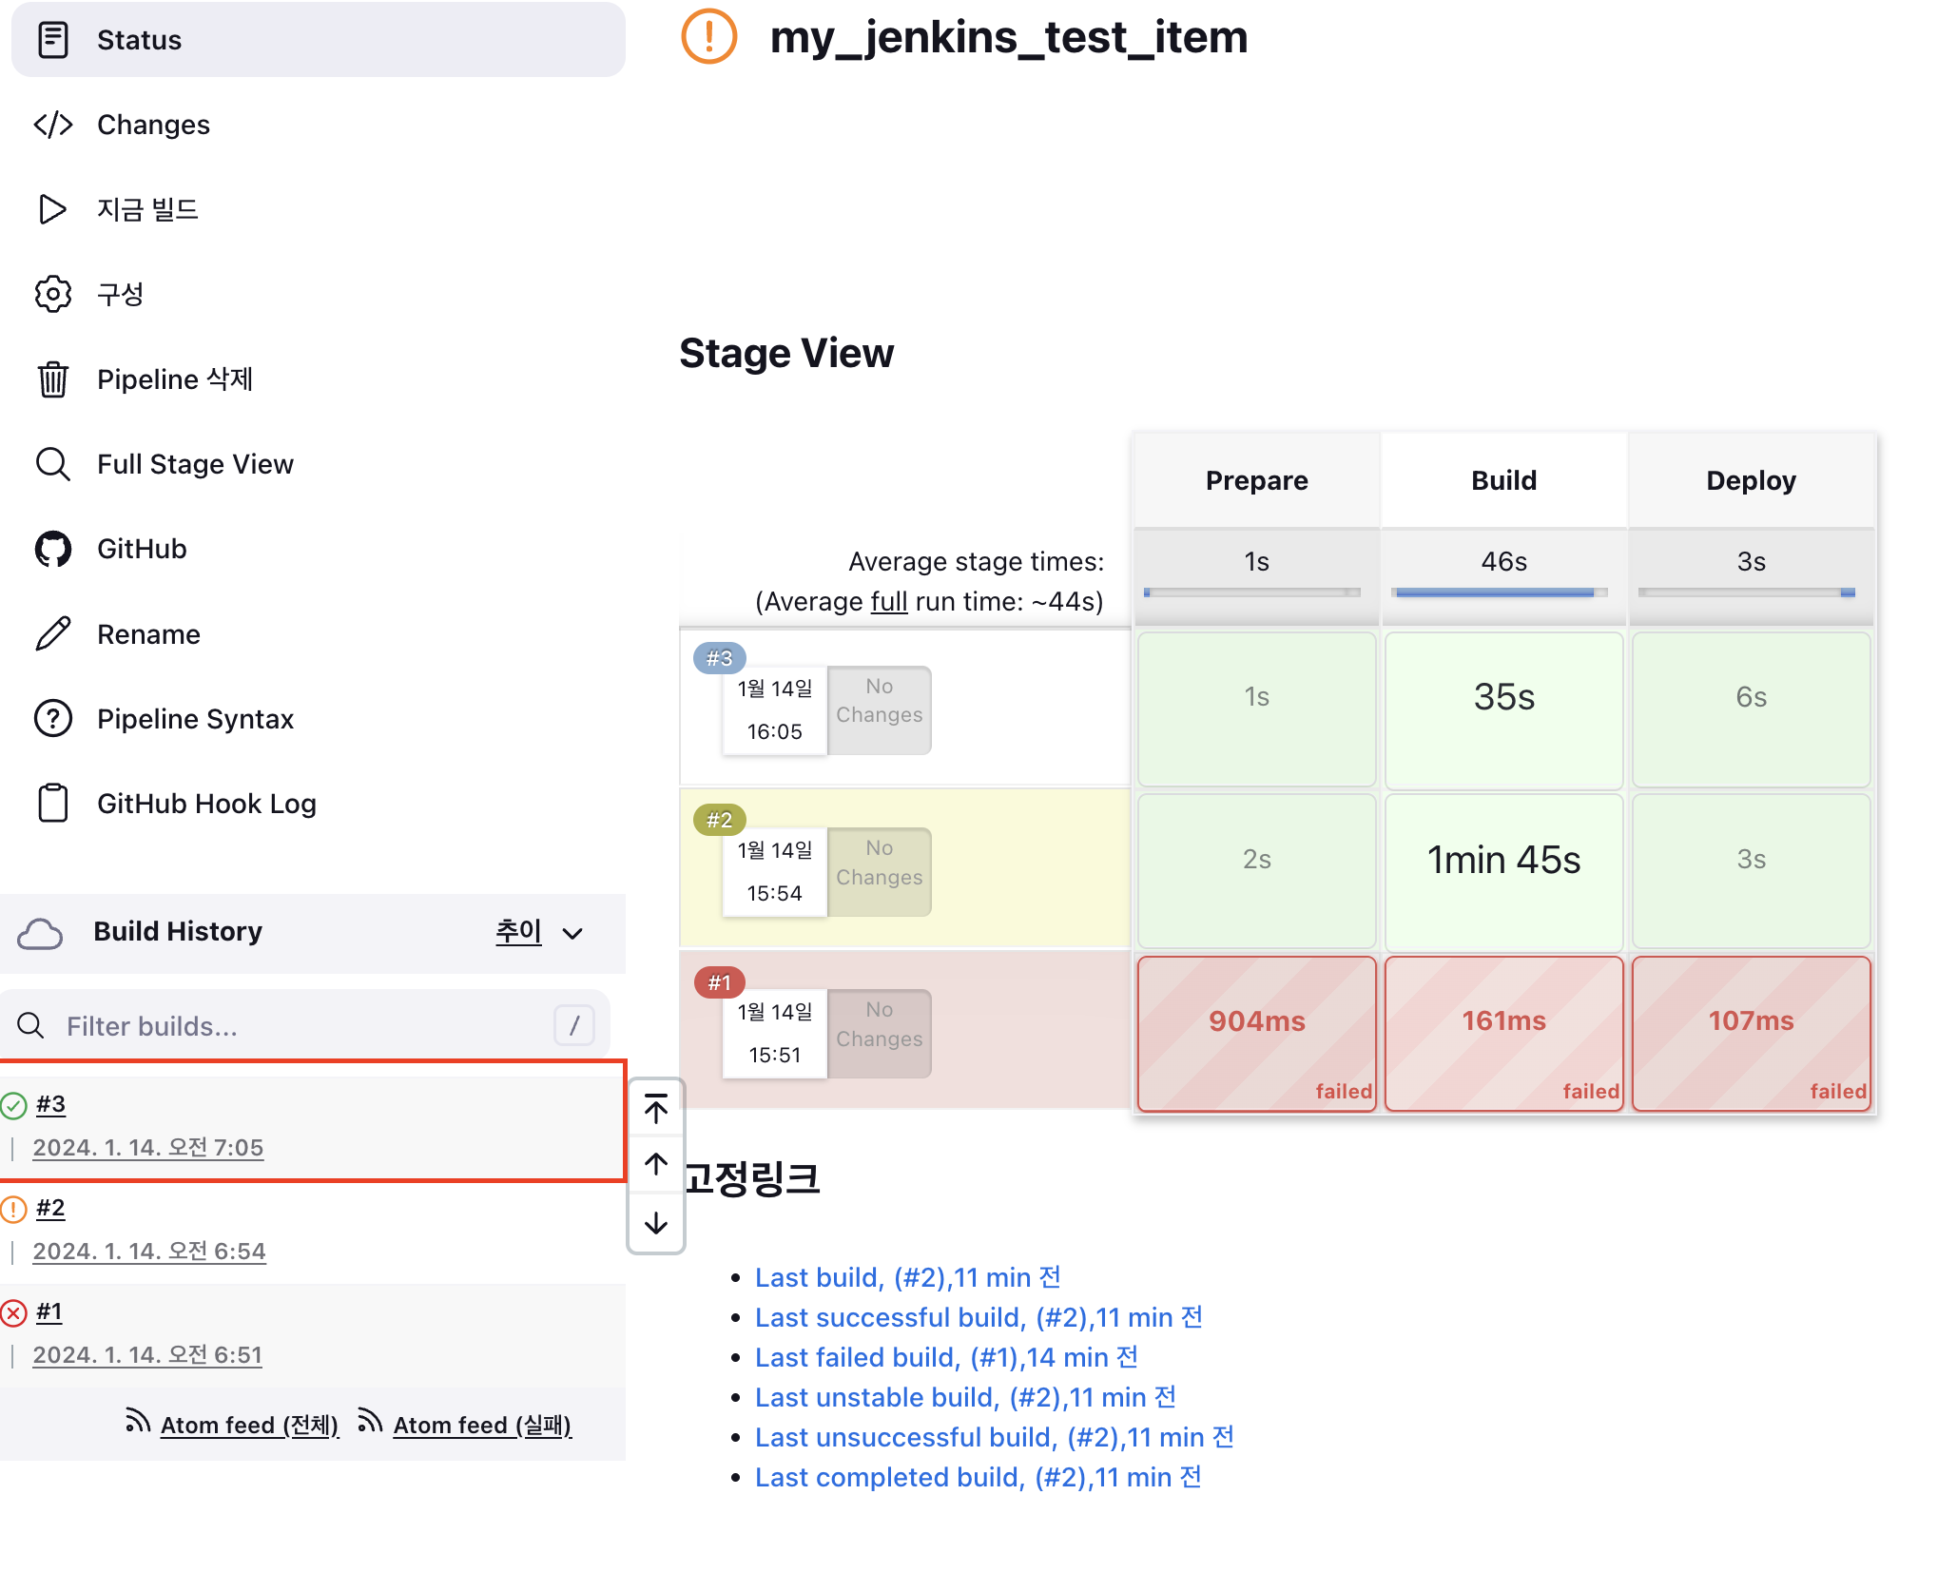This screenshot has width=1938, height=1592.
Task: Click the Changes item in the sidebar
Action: tap(153, 125)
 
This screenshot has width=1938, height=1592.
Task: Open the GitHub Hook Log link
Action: tap(206, 804)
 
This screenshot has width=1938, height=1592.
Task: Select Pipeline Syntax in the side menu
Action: tap(195, 719)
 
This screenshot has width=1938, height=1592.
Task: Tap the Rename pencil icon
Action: tap(53, 634)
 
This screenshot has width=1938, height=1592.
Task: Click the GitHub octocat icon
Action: tap(53, 549)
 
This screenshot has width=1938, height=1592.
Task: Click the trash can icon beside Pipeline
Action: tap(53, 379)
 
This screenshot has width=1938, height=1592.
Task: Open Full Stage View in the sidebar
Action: tap(195, 464)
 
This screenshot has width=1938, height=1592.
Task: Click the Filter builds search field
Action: tap(304, 1026)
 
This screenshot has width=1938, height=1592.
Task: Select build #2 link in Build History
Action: tap(50, 1209)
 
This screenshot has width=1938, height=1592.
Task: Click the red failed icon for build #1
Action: tap(13, 1313)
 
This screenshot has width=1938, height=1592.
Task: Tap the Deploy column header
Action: tap(1751, 480)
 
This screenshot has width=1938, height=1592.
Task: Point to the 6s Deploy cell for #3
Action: tap(1751, 698)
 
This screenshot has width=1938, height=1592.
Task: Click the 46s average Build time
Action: tap(1503, 562)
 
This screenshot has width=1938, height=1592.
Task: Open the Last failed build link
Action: tap(946, 1357)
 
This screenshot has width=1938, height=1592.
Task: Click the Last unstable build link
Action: tap(965, 1397)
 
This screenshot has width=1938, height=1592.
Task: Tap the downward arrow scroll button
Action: tap(656, 1223)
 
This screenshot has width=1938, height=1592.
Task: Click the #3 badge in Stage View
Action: tap(719, 658)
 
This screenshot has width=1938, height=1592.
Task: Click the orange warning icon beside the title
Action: tap(709, 37)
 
